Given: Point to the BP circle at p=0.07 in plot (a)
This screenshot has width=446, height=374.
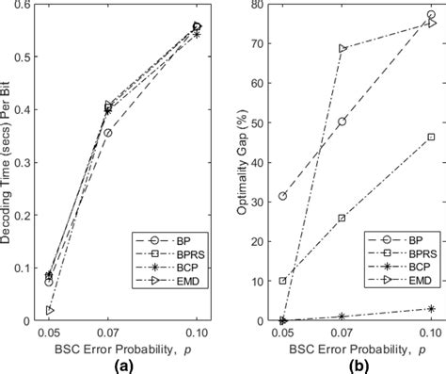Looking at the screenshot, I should point(108,133).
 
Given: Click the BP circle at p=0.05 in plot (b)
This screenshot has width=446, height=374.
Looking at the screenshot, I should point(282,196).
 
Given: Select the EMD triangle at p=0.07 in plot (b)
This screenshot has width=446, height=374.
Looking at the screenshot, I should point(342,48).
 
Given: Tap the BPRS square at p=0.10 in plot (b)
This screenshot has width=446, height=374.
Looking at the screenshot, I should point(431,138).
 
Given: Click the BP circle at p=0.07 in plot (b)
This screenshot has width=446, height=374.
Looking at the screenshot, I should point(342,122).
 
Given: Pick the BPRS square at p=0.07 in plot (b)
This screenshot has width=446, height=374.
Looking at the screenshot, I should point(342,218).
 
